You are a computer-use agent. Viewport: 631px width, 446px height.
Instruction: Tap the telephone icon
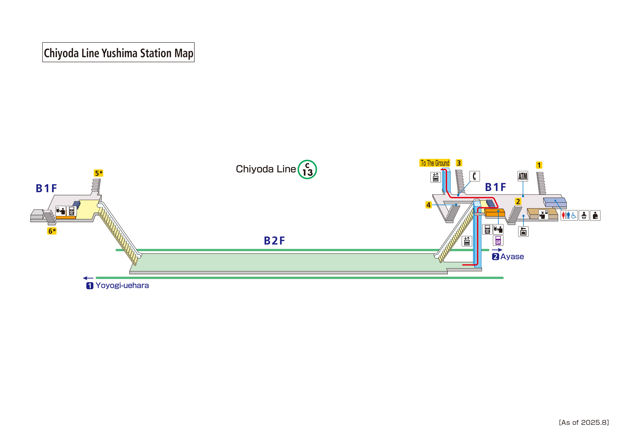pos(474,176)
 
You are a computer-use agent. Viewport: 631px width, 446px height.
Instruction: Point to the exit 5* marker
pos(98,173)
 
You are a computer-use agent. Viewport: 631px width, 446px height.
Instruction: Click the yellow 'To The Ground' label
pos(435,163)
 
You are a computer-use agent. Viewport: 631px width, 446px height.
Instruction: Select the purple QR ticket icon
pos(498,241)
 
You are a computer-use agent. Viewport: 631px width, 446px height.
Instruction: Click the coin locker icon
pos(523,232)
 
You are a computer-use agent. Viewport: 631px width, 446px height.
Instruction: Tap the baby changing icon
pos(584,215)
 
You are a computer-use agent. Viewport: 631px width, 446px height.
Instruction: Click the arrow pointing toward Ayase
pos(497,250)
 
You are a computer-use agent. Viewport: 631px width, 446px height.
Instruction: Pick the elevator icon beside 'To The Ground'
pos(435,177)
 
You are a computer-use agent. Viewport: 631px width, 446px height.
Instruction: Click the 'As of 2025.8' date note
pos(584,422)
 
